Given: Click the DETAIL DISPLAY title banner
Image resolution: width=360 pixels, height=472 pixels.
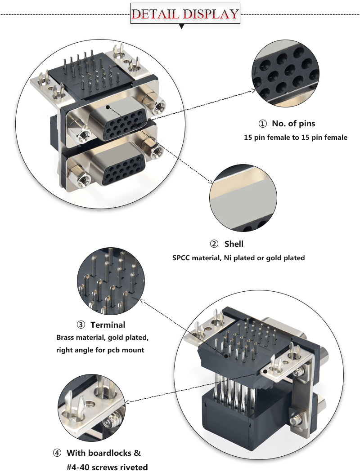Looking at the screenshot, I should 185,13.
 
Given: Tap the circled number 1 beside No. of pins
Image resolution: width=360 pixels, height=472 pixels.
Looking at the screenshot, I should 262,124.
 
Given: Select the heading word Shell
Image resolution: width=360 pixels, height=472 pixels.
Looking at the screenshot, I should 234,244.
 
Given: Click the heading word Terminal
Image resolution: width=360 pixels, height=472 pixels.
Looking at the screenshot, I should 108,325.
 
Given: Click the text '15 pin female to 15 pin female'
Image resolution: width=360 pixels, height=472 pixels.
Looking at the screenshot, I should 296,138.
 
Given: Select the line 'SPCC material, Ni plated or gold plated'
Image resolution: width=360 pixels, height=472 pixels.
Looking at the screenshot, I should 238,258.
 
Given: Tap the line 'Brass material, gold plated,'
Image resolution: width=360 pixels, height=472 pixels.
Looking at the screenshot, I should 102,337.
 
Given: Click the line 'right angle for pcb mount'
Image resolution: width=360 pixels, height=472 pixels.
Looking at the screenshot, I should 100,350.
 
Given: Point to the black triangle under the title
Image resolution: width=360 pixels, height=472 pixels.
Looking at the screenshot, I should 182,27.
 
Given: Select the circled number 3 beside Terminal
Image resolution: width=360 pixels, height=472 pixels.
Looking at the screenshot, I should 81,325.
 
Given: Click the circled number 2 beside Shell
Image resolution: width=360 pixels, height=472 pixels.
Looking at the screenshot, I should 214,245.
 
